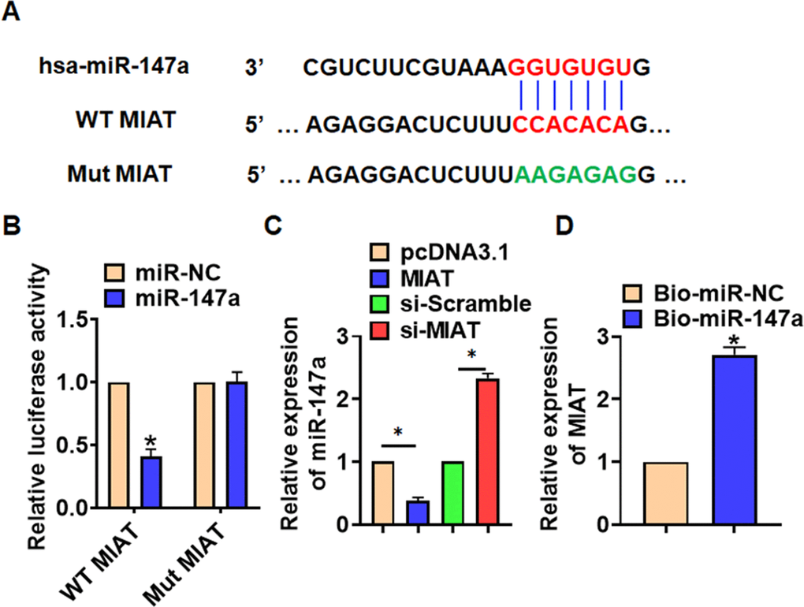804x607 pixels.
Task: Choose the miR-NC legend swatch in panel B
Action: click(116, 274)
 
